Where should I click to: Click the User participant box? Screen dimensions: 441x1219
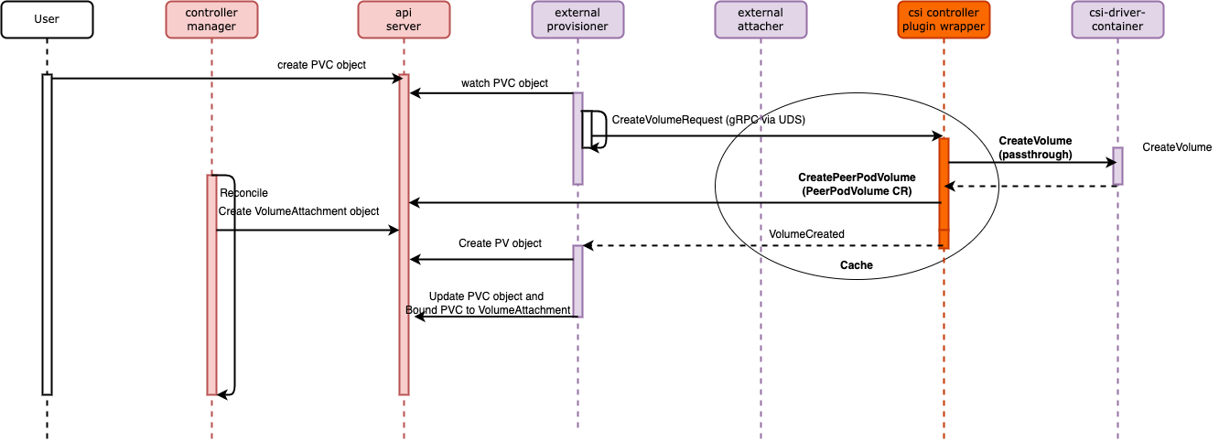pyautogui.click(x=47, y=19)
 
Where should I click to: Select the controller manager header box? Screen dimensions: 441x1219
pyautogui.click(x=211, y=19)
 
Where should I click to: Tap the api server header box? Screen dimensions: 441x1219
pyautogui.click(x=404, y=19)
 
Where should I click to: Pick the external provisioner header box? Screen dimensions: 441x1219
pyautogui.click(x=577, y=19)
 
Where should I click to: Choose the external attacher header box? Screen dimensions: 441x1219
pyautogui.click(x=761, y=19)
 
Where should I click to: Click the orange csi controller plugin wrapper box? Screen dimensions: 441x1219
pyautogui.click(x=944, y=19)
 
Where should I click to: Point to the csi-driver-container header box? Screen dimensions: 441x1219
pyautogui.click(x=1117, y=19)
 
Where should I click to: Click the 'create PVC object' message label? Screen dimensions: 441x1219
pyautogui.click(x=321, y=65)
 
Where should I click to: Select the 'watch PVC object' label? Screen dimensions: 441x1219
pyautogui.click(x=504, y=83)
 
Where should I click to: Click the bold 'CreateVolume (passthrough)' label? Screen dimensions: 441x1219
pyautogui.click(x=1035, y=148)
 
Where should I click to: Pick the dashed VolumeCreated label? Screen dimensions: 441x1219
pyautogui.click(x=806, y=234)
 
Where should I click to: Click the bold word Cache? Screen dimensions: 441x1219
pyautogui.click(x=857, y=265)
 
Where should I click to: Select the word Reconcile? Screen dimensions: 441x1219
pyautogui.click(x=244, y=193)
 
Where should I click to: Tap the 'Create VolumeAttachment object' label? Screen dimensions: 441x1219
pyautogui.click(x=298, y=211)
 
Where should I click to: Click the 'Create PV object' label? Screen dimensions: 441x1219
pyautogui.click(x=500, y=243)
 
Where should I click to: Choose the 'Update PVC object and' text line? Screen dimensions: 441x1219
pyautogui.click(x=486, y=296)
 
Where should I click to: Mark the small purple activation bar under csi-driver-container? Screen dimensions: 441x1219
pyautogui.click(x=1117, y=166)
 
